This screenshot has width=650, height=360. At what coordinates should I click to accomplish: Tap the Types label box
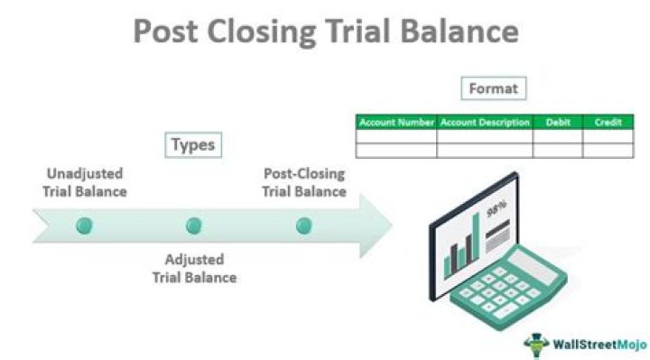[195, 144]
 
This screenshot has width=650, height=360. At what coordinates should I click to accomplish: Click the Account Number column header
[396, 122]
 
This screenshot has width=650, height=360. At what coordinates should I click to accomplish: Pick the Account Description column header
[485, 122]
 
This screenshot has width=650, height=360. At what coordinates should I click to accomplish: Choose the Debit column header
[557, 122]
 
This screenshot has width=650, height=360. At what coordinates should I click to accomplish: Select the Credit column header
[608, 122]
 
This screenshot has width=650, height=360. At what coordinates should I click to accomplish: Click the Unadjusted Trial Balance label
[85, 182]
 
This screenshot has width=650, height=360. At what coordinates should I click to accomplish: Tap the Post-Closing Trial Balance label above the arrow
[304, 182]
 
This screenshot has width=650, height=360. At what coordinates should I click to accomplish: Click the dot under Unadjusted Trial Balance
[85, 226]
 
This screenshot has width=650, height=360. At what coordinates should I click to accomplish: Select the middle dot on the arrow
[194, 226]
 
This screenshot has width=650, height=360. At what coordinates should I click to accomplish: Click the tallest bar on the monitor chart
[475, 240]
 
